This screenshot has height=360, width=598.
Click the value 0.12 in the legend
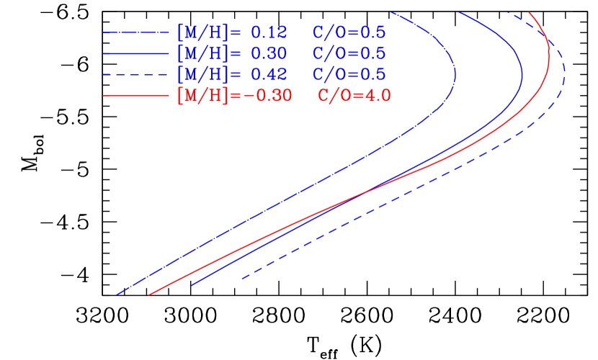(269, 32)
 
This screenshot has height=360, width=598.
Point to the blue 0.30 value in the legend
(269, 53)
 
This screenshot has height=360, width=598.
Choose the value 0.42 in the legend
(269, 74)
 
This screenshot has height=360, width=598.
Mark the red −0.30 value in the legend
(268, 95)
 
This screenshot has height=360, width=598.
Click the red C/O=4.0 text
(354, 95)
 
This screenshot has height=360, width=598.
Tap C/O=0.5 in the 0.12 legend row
(349, 32)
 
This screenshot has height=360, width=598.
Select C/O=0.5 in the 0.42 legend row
(349, 74)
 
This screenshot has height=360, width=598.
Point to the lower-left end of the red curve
(149, 294)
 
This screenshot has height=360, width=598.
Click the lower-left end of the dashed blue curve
(242, 279)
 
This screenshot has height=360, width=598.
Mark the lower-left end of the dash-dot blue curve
(117, 294)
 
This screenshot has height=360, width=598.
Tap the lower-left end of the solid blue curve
(191, 285)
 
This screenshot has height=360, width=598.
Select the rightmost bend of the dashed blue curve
(564, 72)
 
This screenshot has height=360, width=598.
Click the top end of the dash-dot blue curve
(391, 12)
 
